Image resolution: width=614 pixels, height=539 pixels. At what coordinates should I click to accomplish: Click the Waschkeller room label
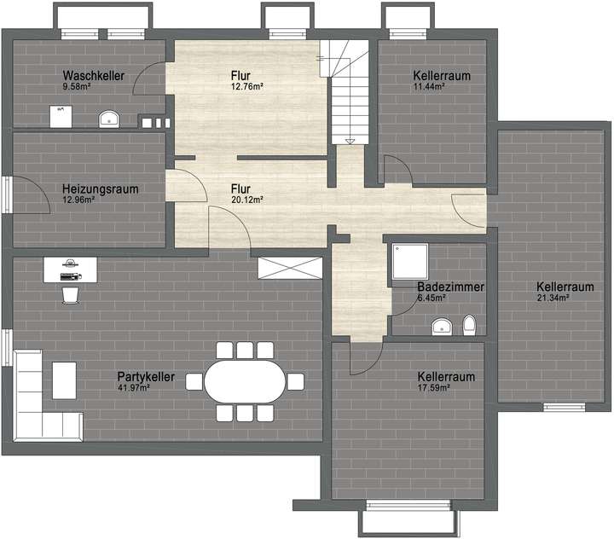94,76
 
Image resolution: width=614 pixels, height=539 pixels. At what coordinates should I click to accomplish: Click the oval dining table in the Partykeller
245,380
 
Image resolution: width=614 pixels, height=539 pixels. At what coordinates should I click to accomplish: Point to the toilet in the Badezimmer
468,325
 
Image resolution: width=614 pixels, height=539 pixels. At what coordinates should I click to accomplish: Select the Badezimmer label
450,288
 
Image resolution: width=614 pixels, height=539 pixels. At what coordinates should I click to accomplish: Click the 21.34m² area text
553,298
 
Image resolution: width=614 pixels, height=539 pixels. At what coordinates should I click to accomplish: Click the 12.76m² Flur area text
247,86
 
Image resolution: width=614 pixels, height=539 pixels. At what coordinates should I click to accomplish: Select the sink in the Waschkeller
109,118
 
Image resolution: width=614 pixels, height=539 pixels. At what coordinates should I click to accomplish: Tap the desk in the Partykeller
71,270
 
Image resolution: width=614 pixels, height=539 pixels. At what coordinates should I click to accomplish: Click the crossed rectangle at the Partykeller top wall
291,267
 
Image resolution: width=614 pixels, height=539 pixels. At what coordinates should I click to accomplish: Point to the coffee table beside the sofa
65,380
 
